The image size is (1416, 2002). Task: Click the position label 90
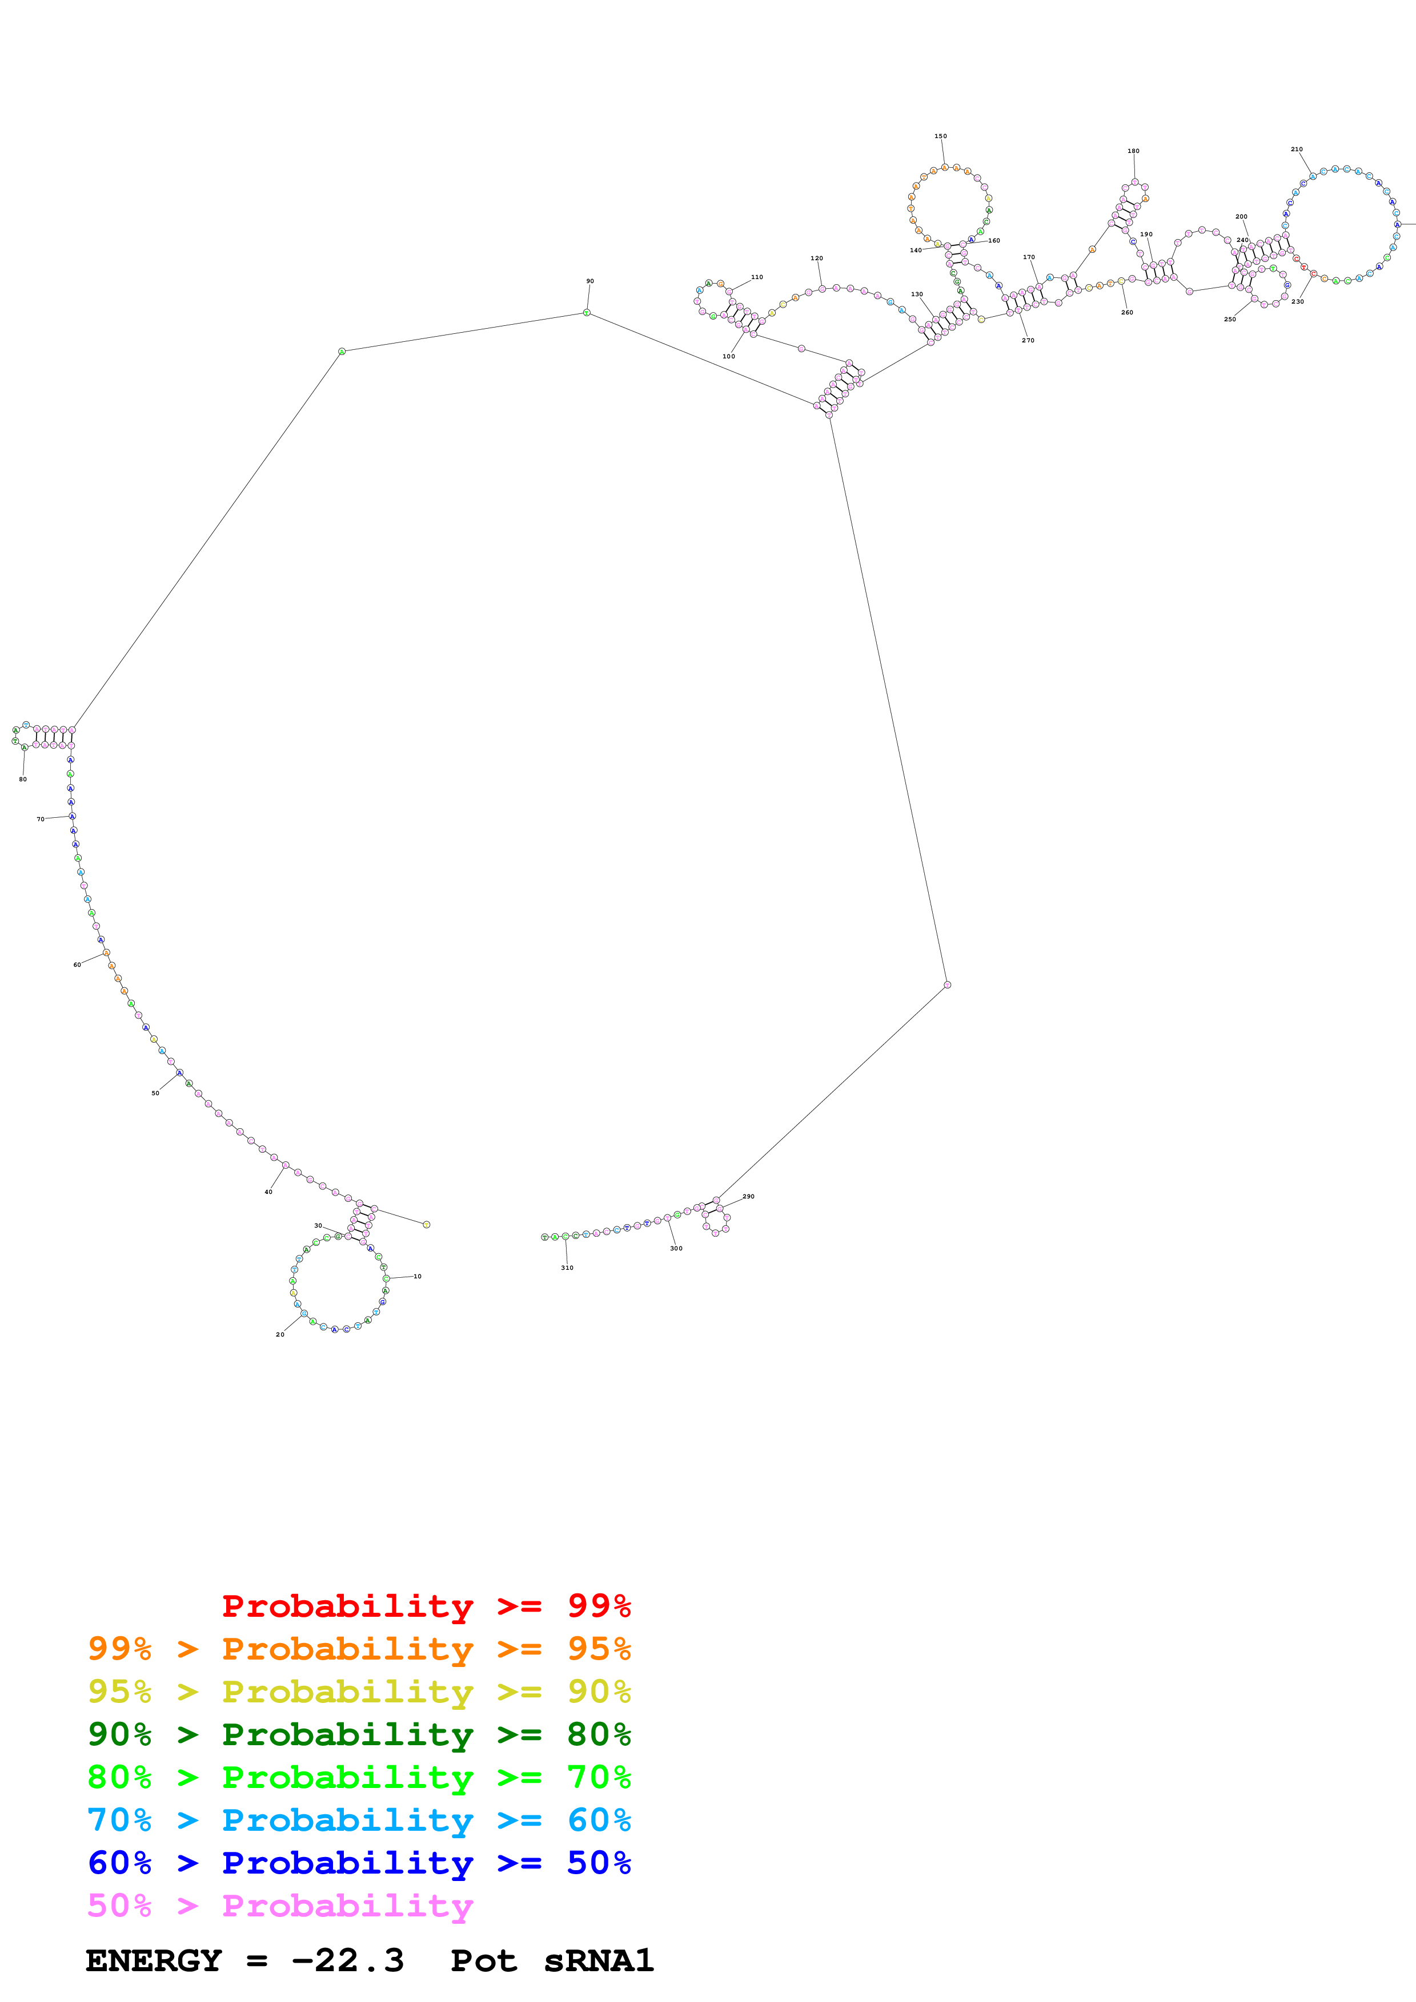coord(590,281)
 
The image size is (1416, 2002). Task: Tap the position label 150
coord(941,136)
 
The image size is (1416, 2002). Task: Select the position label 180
coord(1133,151)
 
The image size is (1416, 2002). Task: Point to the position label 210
coord(1297,149)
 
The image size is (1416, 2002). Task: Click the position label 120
coord(817,258)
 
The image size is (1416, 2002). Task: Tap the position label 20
coord(280,1334)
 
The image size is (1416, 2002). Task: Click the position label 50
coord(155,1092)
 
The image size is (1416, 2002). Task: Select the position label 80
coord(23,778)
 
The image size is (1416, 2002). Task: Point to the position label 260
coord(1127,312)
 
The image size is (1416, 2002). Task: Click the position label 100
coord(728,356)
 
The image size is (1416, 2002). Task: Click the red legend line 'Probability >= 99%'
coord(426,1605)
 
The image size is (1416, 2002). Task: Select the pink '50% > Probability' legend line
coord(280,1905)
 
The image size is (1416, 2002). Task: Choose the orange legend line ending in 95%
coord(359,1649)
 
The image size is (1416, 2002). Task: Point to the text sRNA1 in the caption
coord(599,1960)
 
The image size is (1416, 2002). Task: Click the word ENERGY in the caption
coord(154,1960)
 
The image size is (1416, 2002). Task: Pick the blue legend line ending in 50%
coord(359,1863)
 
